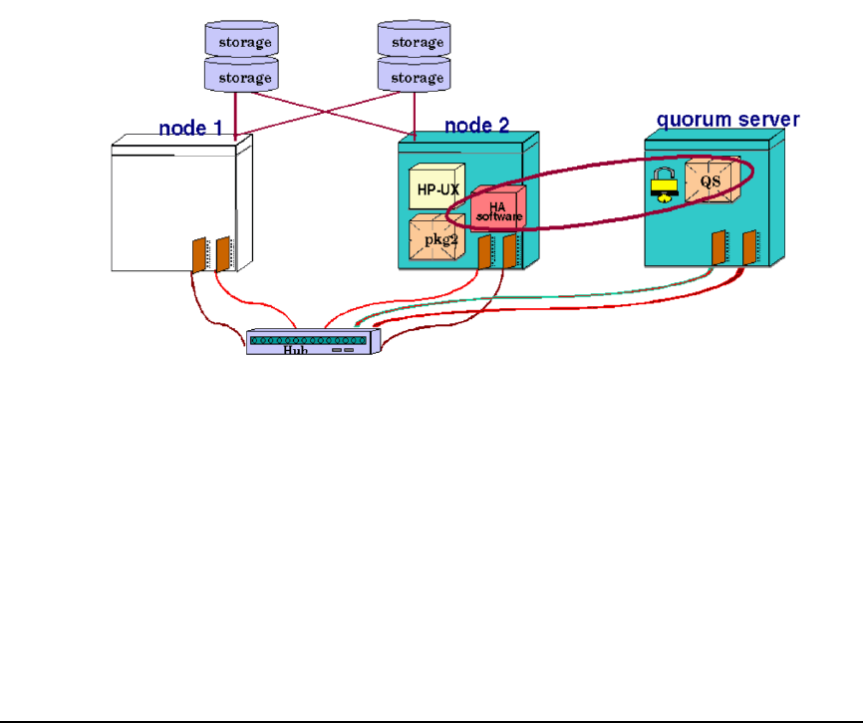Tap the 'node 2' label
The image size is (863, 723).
(476, 125)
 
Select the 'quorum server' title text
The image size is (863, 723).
(727, 120)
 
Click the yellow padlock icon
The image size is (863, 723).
(663, 186)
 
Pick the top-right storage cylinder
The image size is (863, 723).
(416, 41)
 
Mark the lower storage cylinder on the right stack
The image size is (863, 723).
(416, 77)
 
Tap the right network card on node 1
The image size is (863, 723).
(224, 252)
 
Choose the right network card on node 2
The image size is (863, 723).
(509, 252)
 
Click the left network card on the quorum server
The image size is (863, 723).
(719, 247)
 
